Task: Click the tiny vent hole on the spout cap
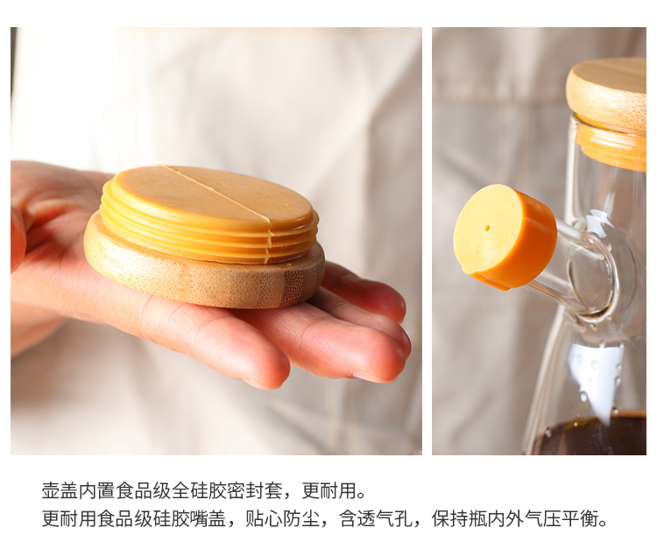click(x=487, y=229)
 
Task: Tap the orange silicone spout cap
click(x=505, y=236)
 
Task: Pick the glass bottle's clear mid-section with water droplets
click(x=595, y=377)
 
